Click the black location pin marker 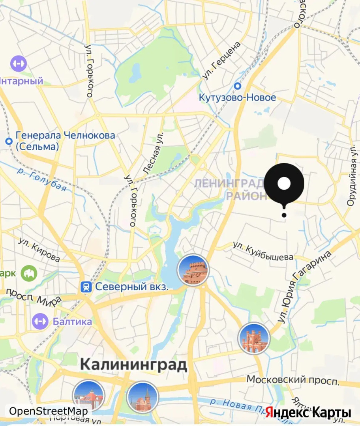point(284,184)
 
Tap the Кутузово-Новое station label point(237,97)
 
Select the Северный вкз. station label point(132,287)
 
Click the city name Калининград point(133,364)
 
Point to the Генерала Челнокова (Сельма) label point(65,141)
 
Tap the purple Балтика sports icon point(40,321)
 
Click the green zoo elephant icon point(29,273)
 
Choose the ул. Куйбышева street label point(263,251)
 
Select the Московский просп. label point(293,381)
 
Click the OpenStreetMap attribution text point(48,411)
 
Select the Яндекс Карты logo point(308,413)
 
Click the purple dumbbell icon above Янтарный point(18,63)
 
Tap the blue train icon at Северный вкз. point(85,287)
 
